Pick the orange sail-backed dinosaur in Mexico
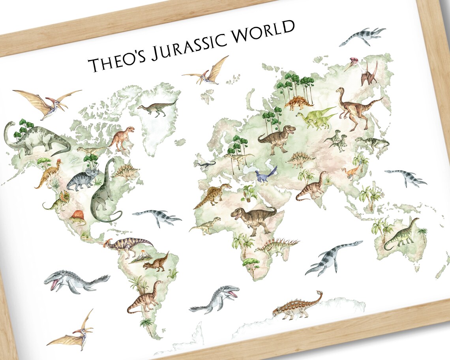pyautogui.click(x=77, y=217)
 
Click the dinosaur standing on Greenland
pyautogui.click(x=157, y=108)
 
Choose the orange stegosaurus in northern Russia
pyautogui.click(x=299, y=103)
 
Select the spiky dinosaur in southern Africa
pyautogui.click(x=276, y=247)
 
